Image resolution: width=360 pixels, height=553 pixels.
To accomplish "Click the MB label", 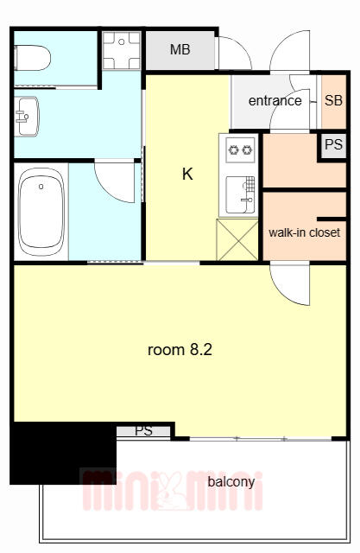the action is pyautogui.click(x=180, y=50).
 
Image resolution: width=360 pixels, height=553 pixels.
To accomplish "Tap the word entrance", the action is pyautogui.click(x=275, y=101).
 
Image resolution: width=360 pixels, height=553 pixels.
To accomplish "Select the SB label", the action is pyautogui.click(x=333, y=100).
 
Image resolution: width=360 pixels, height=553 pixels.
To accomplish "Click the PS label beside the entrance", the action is pyautogui.click(x=333, y=144).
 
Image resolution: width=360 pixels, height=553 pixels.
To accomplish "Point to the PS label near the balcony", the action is pyautogui.click(x=143, y=430).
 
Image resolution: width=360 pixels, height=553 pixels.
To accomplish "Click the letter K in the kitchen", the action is pyautogui.click(x=187, y=174).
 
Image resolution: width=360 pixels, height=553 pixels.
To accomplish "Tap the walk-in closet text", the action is pyautogui.click(x=305, y=232).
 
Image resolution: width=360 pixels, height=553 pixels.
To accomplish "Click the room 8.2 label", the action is pyautogui.click(x=180, y=350).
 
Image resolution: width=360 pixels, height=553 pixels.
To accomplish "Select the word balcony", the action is pyautogui.click(x=231, y=482).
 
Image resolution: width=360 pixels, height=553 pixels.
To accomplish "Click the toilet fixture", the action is pyautogui.click(x=33, y=58).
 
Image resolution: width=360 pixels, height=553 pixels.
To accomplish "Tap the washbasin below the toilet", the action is pyautogui.click(x=27, y=117).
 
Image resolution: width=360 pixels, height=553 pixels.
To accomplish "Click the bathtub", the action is pyautogui.click(x=41, y=212).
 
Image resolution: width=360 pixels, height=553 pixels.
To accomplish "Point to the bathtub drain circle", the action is pyautogui.click(x=41, y=187).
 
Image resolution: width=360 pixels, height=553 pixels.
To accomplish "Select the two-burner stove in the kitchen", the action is pyautogui.click(x=241, y=149).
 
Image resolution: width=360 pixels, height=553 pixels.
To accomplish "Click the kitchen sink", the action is pyautogui.click(x=240, y=195).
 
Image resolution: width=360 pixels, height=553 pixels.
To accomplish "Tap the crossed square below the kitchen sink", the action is pyautogui.click(x=237, y=240).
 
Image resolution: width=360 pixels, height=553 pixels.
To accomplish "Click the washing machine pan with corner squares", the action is pyautogui.click(x=122, y=50).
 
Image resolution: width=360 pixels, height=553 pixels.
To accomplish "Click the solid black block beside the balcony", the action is pyautogui.click(x=63, y=453).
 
